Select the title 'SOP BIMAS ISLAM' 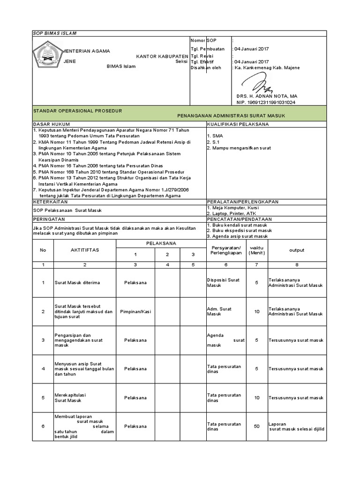tap(54, 33)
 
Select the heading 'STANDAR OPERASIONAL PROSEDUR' tap(77, 111)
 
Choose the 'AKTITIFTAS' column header tap(85, 250)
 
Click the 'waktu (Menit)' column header tap(256, 250)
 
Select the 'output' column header tap(296, 250)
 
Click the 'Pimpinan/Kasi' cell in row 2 tap(135, 311)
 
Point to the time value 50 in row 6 tap(256, 427)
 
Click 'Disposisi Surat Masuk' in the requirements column tap(223, 282)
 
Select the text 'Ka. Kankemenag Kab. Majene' tap(267, 67)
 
